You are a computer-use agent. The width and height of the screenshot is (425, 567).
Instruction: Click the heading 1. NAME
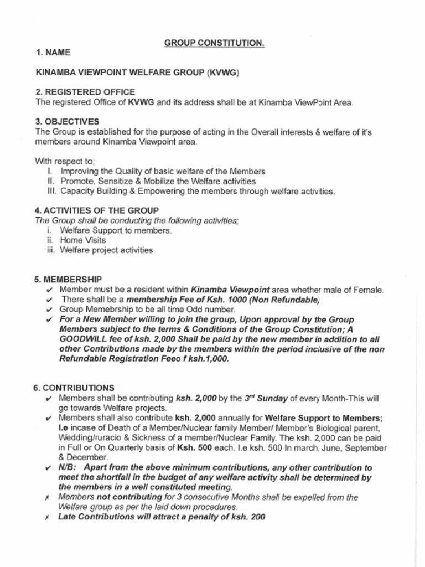tap(53, 53)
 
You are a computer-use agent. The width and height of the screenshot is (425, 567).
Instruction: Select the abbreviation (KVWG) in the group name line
tap(224, 73)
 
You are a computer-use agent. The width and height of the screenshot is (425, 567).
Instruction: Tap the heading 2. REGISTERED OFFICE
tap(85, 92)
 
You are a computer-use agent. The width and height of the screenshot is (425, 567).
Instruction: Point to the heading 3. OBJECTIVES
tap(68, 121)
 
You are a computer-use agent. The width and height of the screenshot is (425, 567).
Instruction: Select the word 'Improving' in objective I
tap(78, 171)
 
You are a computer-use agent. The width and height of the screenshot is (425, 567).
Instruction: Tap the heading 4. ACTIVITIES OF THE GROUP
tap(97, 210)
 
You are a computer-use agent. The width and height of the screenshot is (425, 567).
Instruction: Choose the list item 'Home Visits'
tap(82, 240)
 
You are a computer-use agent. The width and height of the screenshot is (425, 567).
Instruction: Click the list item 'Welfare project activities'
tap(106, 250)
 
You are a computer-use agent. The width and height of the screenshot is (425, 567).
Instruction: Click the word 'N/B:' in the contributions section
tap(68, 467)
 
